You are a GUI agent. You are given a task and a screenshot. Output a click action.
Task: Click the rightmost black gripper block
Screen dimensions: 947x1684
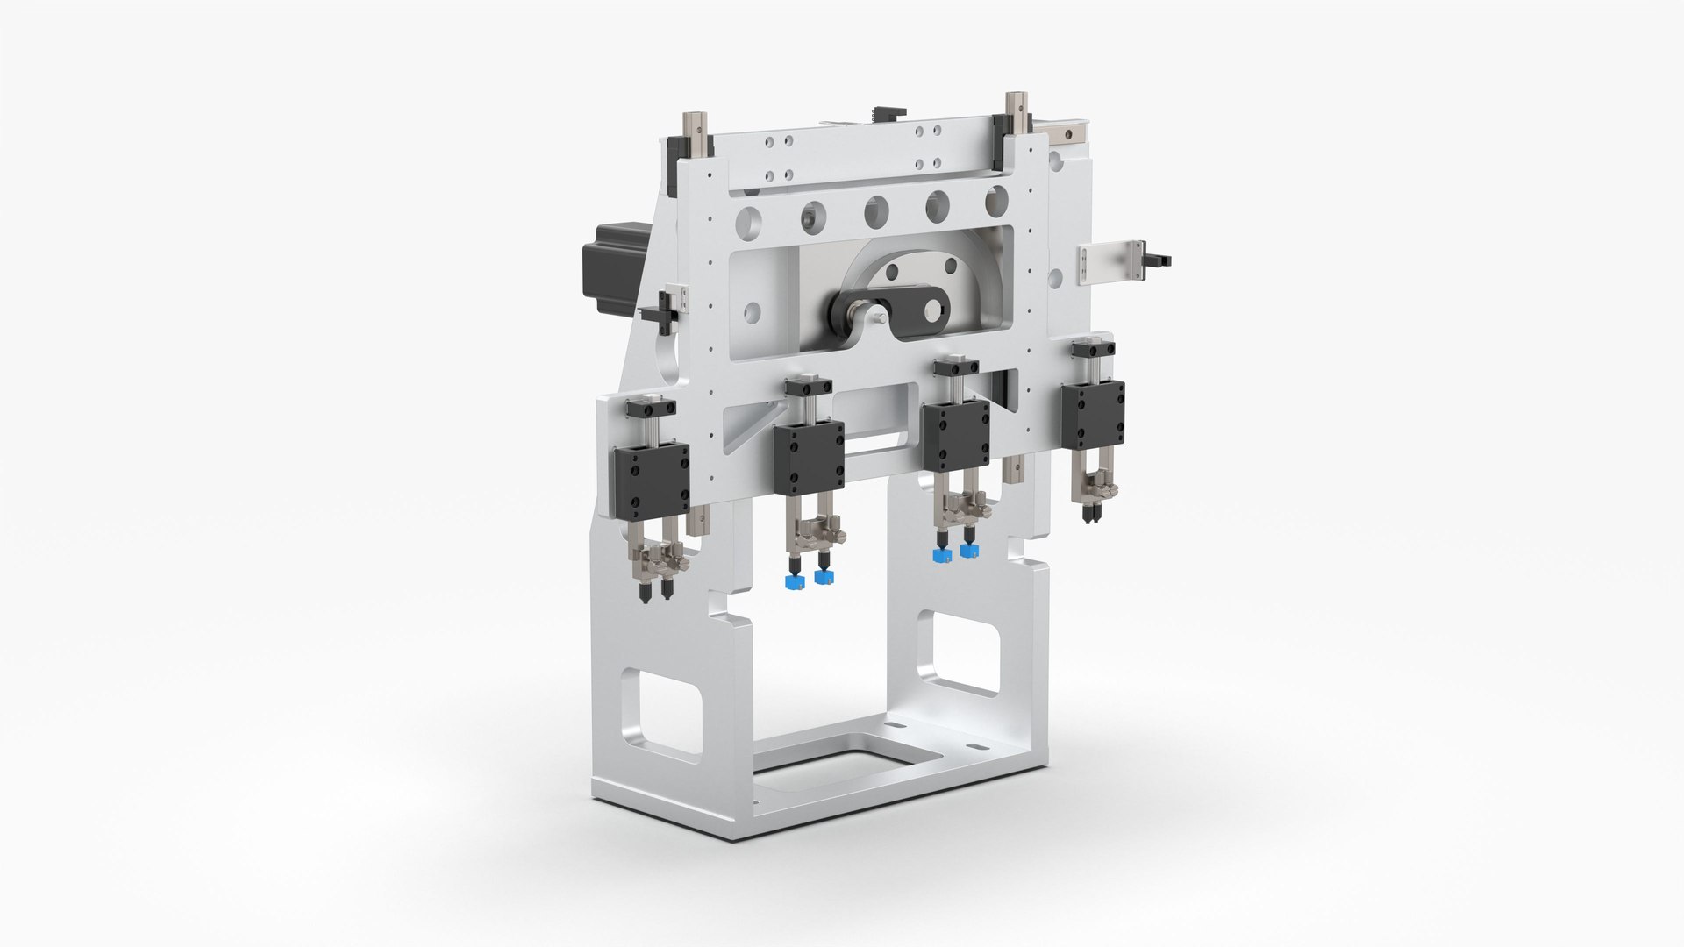tap(1092, 411)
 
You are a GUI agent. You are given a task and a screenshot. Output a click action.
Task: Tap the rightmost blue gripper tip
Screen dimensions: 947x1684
tap(968, 551)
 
